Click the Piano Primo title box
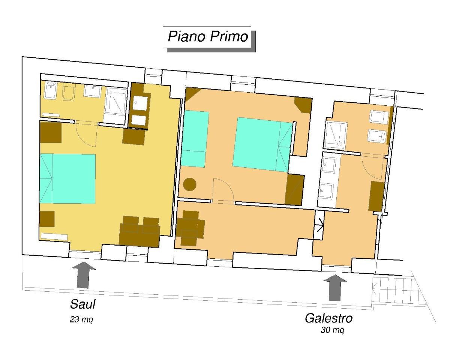207,37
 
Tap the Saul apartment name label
82,304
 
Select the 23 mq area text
81,319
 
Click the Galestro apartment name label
328,319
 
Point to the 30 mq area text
333,330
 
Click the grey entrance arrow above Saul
83,274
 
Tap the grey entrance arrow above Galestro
335,288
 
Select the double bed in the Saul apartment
67,179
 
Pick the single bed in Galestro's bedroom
195,139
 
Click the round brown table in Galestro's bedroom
189,184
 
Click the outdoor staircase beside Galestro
393,290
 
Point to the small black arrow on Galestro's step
320,225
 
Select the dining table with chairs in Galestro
190,228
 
